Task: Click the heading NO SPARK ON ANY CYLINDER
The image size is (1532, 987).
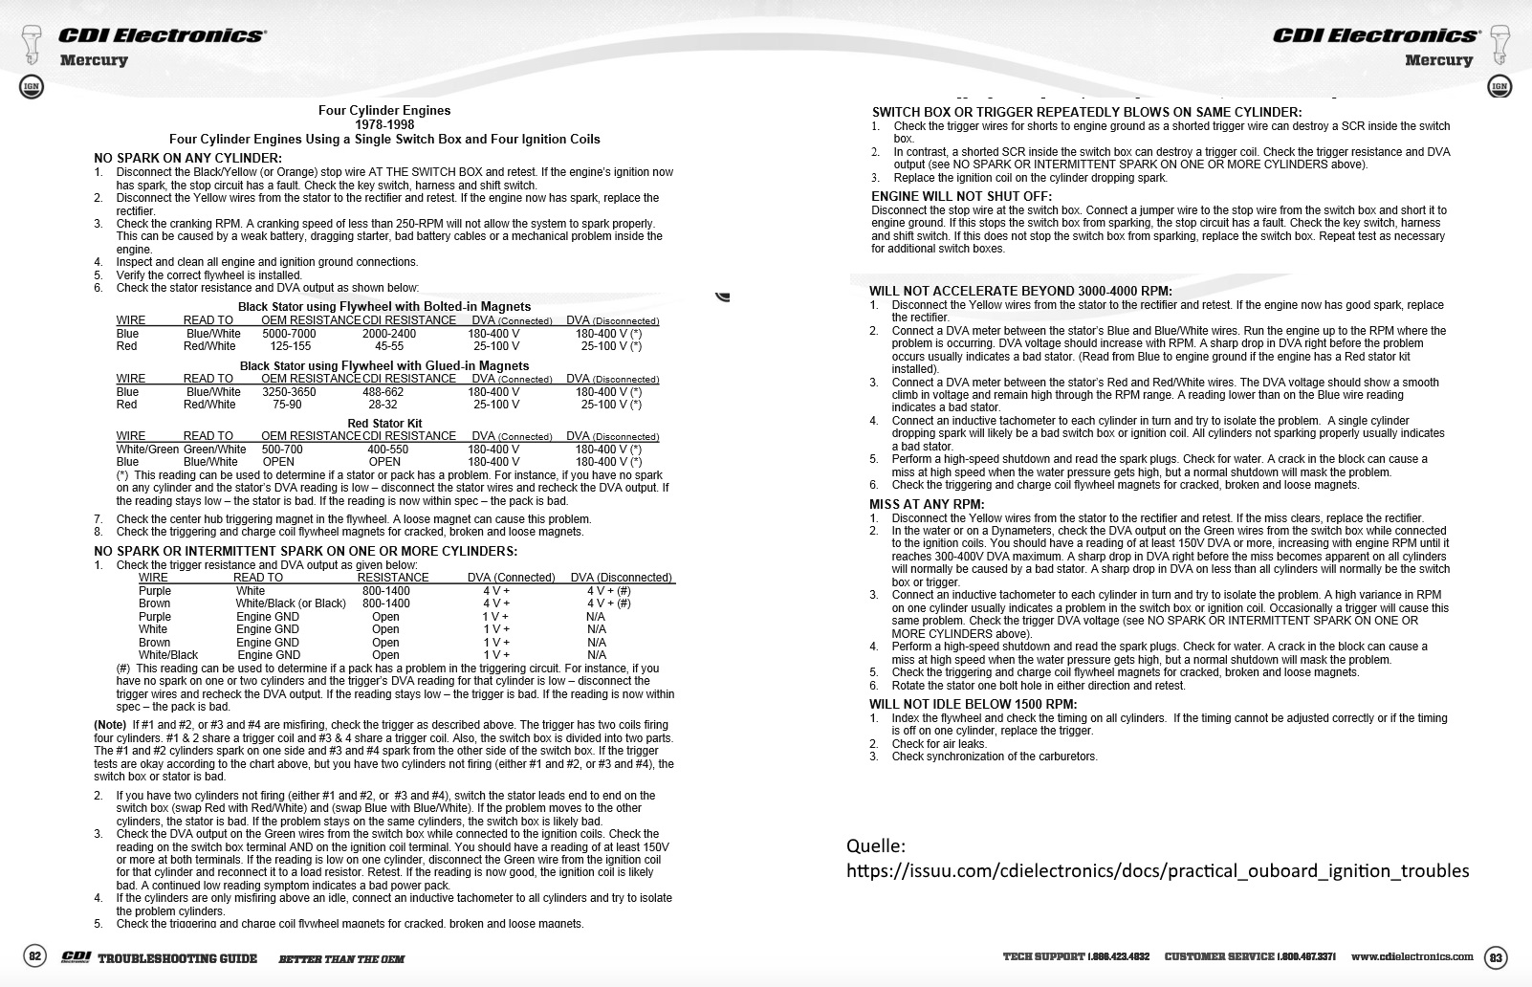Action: [187, 158]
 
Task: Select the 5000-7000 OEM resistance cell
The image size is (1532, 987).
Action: [289, 334]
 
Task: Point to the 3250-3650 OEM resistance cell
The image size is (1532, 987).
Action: [289, 391]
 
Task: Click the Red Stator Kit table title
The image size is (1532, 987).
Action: [384, 423]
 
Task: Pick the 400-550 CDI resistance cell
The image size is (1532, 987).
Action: [387, 449]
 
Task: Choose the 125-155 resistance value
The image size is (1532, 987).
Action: [291, 346]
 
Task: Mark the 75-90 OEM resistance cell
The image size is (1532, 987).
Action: [287, 405]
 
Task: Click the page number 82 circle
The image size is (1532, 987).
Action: [34, 956]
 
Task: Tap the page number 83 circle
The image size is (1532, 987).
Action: [1496, 956]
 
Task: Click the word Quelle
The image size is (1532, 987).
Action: [875, 845]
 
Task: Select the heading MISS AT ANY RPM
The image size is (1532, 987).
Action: [926, 504]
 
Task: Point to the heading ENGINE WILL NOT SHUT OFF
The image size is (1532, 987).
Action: [961, 197]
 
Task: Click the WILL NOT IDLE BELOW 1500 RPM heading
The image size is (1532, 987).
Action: [973, 704]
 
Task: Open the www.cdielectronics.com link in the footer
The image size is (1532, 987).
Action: [1412, 956]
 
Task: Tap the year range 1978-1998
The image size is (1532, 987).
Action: [384, 124]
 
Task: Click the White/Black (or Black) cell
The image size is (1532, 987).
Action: [291, 603]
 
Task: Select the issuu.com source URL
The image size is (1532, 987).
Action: [1157, 870]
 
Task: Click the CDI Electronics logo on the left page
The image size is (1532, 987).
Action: [161, 35]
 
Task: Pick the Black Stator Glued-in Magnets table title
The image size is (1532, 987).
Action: [384, 365]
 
